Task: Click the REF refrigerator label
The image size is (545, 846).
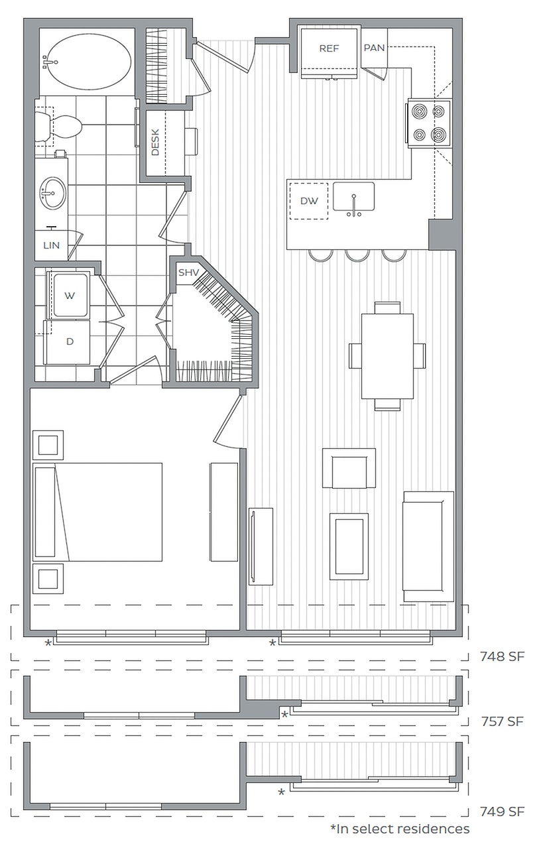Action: [329, 48]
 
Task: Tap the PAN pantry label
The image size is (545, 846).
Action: [374, 48]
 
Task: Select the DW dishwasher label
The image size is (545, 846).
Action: [309, 202]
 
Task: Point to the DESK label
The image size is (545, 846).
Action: [155, 143]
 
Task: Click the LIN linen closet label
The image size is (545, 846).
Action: [51, 245]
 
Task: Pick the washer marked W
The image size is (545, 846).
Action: [70, 295]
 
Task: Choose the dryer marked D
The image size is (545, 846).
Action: [68, 342]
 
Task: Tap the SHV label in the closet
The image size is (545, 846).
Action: [188, 272]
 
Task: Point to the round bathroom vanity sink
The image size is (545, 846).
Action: [52, 193]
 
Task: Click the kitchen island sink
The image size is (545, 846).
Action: [353, 197]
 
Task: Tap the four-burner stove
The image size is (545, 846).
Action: [429, 123]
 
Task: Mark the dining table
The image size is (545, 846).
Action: [387, 356]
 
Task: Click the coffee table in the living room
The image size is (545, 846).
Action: [349, 546]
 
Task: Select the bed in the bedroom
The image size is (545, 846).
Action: [97, 512]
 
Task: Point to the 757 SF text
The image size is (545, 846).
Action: [503, 721]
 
